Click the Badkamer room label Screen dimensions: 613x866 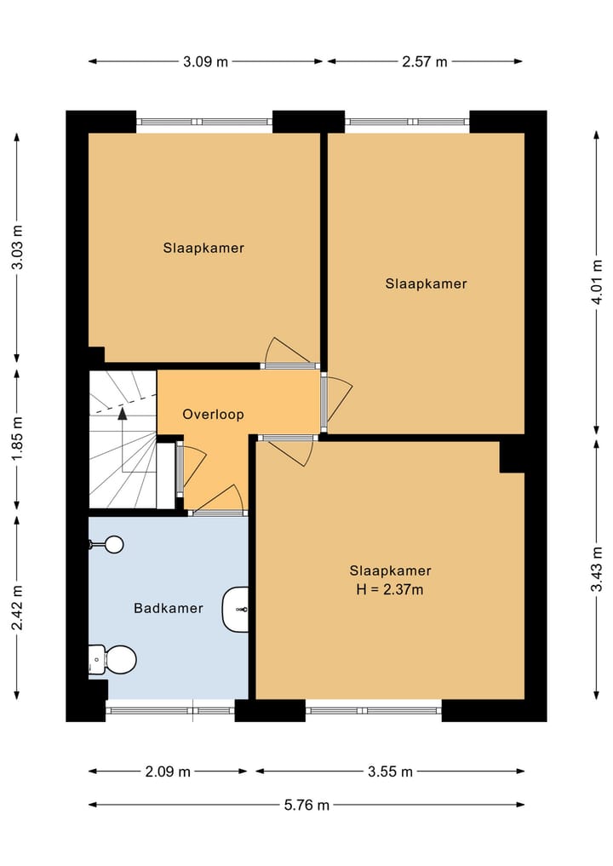coord(169,608)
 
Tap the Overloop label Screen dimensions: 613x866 coord(213,414)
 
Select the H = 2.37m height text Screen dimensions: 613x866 coord(390,590)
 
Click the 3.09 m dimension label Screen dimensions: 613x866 coord(205,61)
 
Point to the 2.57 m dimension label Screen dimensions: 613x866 coord(425,61)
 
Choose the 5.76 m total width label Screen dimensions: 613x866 coord(307,805)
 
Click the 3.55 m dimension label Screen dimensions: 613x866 coord(391,771)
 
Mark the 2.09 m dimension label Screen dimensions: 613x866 coord(168,771)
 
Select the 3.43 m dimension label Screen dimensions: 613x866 coord(597,569)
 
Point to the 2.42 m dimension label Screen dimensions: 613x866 coord(17,607)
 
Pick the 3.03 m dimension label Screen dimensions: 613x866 coord(17,248)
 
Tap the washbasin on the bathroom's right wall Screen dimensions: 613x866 coord(236,609)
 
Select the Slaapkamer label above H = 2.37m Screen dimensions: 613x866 coord(390,571)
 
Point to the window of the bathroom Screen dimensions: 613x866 coord(170,710)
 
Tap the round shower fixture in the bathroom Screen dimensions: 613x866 coord(115,545)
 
